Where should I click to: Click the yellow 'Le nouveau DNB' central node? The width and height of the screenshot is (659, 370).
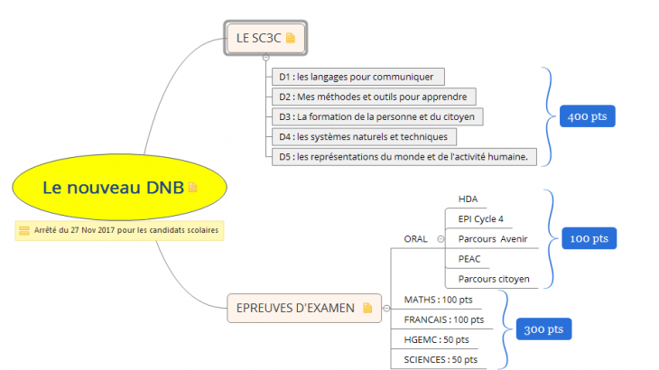[113, 187]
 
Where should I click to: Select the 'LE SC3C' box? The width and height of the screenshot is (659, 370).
[265, 38]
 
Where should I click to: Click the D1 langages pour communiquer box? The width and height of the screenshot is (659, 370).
[357, 77]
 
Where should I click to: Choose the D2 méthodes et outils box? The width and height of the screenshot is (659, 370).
[373, 97]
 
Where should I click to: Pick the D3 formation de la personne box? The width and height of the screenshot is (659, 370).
[378, 116]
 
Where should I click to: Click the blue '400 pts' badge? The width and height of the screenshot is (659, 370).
[588, 116]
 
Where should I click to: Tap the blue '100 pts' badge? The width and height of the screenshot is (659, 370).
[589, 238]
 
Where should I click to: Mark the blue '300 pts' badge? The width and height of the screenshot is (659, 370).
[543, 329]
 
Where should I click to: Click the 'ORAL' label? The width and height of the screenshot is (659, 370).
[415, 239]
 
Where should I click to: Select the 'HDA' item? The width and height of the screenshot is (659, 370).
[469, 199]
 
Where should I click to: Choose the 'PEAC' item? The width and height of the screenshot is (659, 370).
[469, 259]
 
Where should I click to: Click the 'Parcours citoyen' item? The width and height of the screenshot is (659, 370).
[494, 279]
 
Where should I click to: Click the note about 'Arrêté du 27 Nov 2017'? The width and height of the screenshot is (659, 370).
[118, 231]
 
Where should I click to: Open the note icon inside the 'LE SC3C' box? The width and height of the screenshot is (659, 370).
[291, 38]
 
